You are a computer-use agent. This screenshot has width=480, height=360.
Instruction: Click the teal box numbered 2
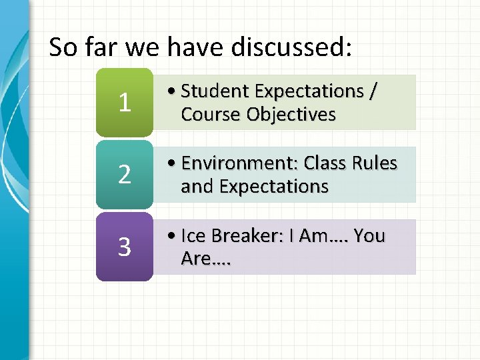124,175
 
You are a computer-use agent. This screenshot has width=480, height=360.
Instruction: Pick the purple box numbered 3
124,247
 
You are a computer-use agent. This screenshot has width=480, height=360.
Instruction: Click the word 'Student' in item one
215,91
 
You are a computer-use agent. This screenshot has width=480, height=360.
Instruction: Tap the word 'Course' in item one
210,115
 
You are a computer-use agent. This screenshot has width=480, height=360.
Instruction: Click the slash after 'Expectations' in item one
371,91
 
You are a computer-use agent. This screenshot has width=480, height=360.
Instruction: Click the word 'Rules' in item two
375,163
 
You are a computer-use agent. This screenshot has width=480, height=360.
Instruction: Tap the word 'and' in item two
195,187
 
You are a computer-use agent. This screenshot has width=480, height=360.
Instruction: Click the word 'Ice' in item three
194,236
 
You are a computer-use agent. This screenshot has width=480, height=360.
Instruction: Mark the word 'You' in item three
369,236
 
